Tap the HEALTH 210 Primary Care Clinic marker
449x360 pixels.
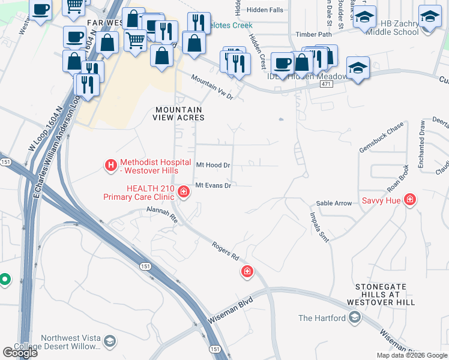[x=183, y=193]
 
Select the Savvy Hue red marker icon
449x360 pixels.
[x=410, y=199]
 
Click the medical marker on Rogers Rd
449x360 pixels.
[x=247, y=272]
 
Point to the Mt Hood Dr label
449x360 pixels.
[x=213, y=165]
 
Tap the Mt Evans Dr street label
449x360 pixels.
[x=213, y=186]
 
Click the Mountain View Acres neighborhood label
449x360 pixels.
[x=180, y=113]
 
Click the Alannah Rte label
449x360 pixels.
[x=163, y=215]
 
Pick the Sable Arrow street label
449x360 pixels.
[x=334, y=203]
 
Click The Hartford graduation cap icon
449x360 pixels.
[x=354, y=317]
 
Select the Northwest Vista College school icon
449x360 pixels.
[x=109, y=341]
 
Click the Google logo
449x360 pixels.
[x=20, y=353]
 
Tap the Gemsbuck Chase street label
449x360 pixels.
[x=382, y=139]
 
